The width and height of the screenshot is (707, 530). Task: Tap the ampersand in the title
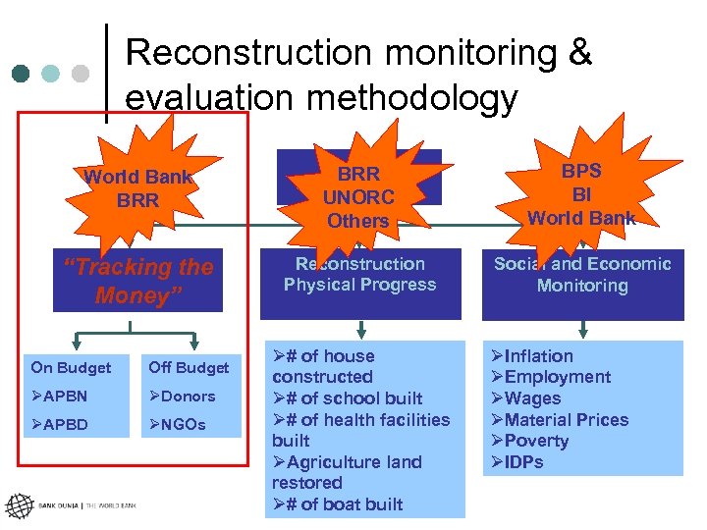click(x=580, y=53)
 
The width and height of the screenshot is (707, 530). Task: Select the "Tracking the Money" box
click(x=137, y=281)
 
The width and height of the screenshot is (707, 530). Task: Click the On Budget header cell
click(x=71, y=368)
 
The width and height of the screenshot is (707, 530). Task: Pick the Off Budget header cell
click(x=189, y=368)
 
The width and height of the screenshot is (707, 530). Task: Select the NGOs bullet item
click(x=178, y=425)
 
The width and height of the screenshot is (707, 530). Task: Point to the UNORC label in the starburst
click(x=358, y=197)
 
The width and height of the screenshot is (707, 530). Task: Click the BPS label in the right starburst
click(x=581, y=171)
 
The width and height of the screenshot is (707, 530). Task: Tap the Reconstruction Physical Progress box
click(x=359, y=275)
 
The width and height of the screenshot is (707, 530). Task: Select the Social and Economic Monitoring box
click(x=582, y=275)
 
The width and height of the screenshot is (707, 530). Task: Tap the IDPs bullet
click(x=517, y=462)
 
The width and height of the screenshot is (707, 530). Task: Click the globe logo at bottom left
click(x=19, y=506)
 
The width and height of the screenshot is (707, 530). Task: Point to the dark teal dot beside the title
click(x=22, y=74)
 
